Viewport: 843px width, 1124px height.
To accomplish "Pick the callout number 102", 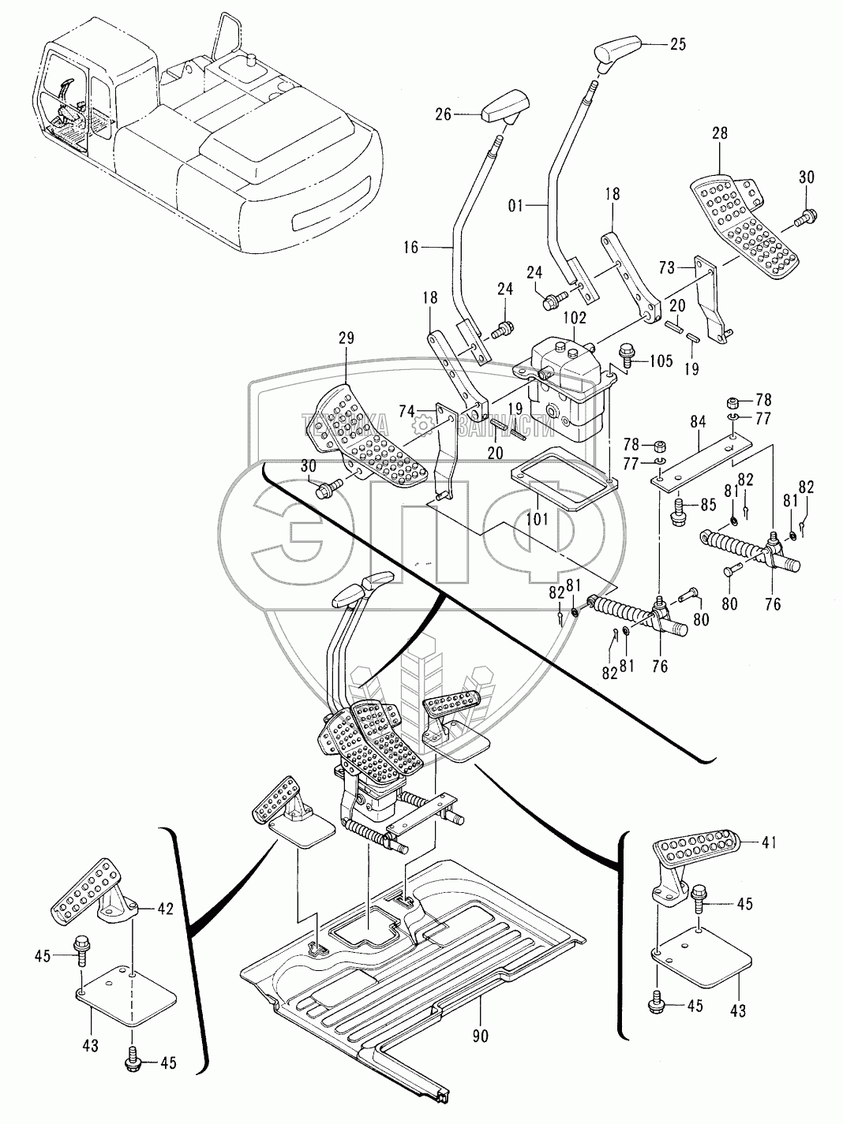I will (x=574, y=319).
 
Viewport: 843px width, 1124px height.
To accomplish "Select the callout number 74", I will (x=407, y=412).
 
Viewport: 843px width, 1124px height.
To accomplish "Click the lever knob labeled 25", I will (x=617, y=51).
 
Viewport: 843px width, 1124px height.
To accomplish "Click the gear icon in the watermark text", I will (x=424, y=426).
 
